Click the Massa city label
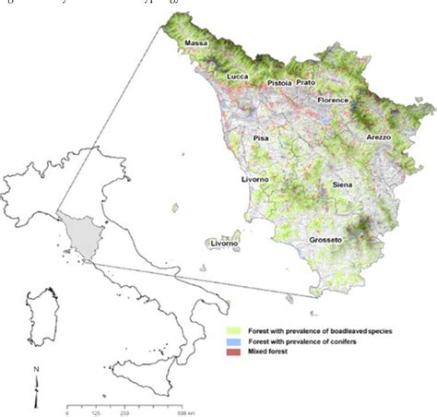[x=195, y=43]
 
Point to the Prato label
[x=306, y=82]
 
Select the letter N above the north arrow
[x=35, y=371]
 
